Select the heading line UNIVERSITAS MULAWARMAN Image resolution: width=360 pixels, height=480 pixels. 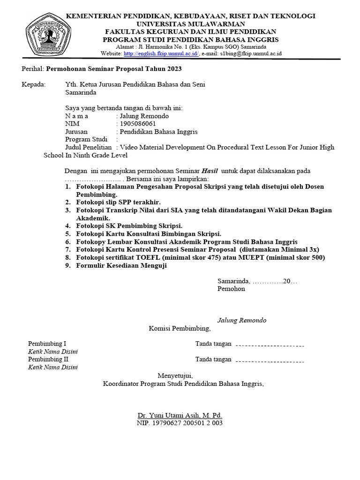coord(190,23)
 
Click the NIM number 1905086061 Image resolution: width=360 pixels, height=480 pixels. coord(138,124)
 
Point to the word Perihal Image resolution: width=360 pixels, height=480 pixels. coord(32,69)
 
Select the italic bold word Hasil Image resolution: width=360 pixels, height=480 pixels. coord(210,171)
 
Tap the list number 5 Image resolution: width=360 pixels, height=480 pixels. coord(68,233)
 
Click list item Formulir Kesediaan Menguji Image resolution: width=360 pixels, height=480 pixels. coord(121,265)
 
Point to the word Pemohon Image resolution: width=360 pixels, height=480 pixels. coord(231,289)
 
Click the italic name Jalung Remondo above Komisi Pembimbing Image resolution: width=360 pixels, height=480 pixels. coord(241,320)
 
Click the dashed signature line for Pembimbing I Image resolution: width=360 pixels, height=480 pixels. coord(270,346)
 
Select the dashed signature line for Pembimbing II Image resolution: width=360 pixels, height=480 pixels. coord(270,361)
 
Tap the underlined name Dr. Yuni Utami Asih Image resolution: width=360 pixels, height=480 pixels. coord(180,415)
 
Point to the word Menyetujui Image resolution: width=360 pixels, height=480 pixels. coord(175,375)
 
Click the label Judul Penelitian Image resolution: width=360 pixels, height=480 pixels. coord(89,147)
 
